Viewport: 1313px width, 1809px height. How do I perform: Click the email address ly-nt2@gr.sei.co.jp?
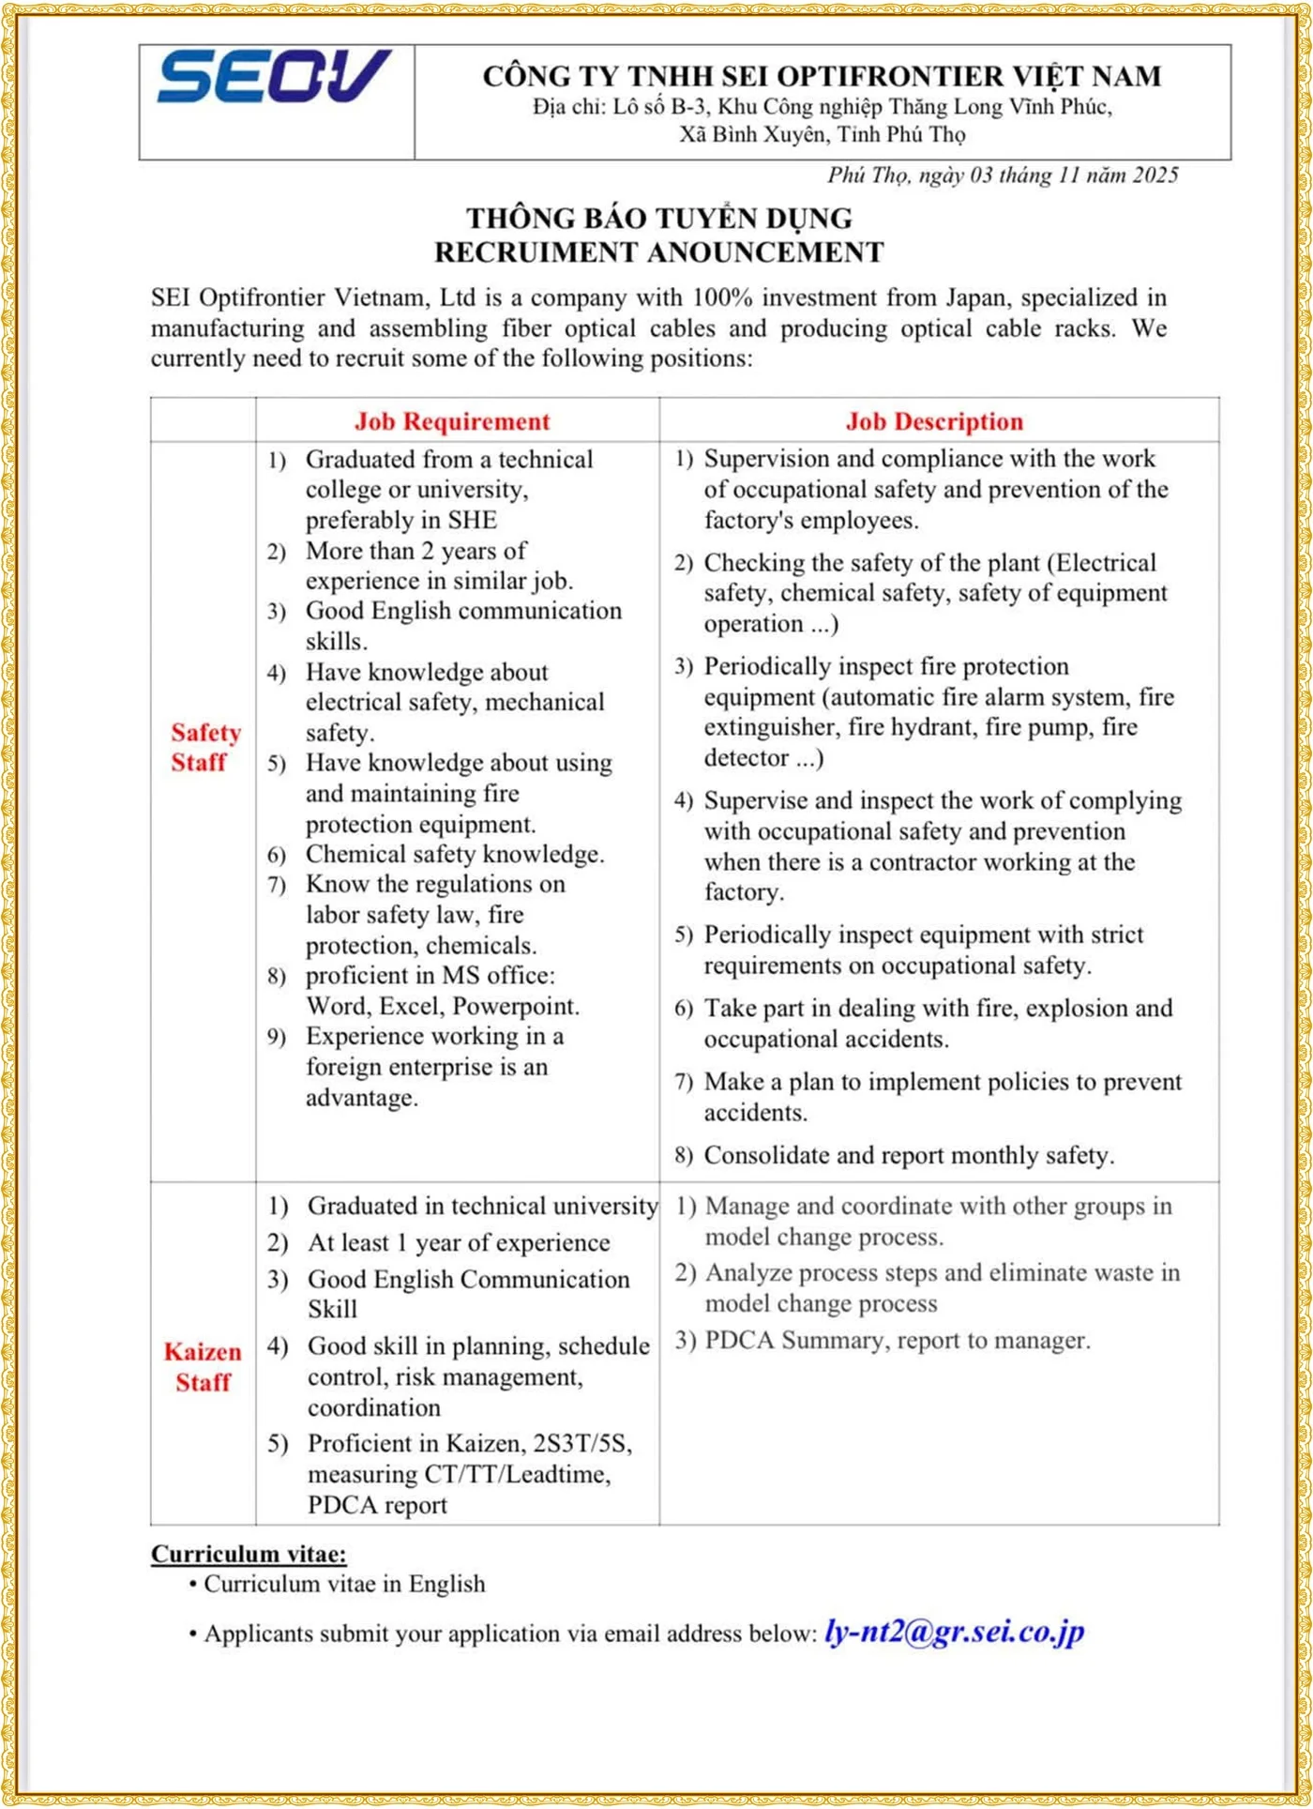[954, 1632]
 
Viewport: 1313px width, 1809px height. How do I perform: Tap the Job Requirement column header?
[452, 421]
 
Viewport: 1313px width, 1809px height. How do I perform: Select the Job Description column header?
[934, 421]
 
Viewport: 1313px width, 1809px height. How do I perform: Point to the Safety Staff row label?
[204, 747]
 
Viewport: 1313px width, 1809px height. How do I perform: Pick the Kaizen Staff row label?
[203, 1366]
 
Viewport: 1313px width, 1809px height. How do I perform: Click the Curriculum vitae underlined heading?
[249, 1555]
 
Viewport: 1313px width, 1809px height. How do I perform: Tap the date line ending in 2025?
[1003, 175]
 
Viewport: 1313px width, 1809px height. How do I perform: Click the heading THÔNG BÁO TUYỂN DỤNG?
[659, 219]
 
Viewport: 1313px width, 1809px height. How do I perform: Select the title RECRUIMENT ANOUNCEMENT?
[658, 252]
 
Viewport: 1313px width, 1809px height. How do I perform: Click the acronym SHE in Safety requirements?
[472, 520]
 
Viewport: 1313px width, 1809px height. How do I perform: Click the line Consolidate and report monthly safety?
[909, 1155]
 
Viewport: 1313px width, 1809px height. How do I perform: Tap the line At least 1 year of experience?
[459, 1242]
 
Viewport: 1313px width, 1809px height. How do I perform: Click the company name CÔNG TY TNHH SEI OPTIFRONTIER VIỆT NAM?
[822, 76]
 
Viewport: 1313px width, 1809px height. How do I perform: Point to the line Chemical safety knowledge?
[455, 854]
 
